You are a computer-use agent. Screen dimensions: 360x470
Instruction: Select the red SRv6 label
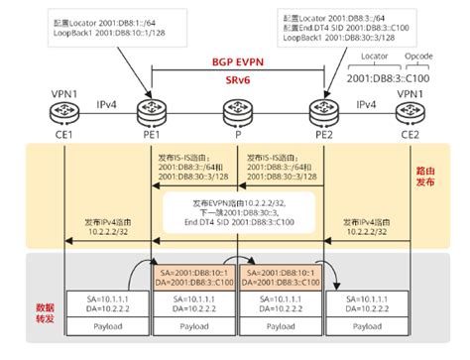[238, 78]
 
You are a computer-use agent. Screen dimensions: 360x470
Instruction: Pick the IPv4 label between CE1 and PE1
[104, 101]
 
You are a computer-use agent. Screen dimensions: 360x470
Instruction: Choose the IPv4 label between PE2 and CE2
[365, 101]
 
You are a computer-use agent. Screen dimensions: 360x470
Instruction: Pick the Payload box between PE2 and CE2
[367, 323]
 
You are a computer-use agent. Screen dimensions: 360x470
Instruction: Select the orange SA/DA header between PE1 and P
[192, 275]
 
